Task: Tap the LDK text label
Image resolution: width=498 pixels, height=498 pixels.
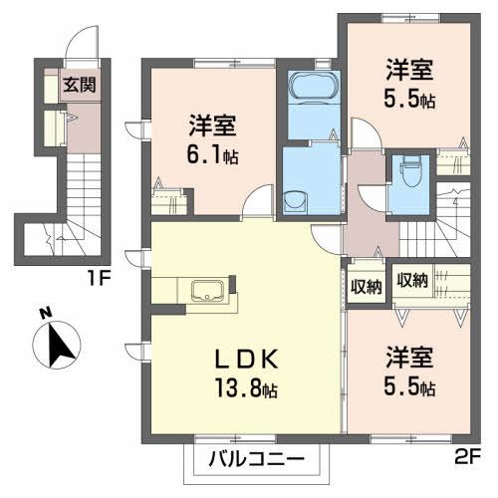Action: (246, 359)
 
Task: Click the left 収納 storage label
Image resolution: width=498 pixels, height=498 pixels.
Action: (367, 288)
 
